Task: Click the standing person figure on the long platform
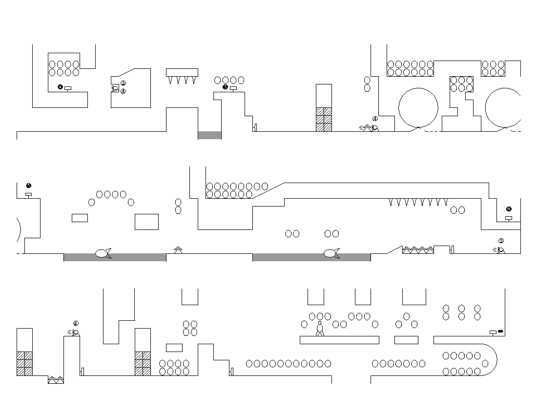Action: coord(320,329)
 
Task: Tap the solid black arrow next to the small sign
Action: coord(501,332)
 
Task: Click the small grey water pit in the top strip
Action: coord(209,135)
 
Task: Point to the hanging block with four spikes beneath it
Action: coord(182,72)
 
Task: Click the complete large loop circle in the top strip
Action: coord(418,108)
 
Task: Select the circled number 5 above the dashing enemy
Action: coord(501,241)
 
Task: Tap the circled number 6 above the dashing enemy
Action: coord(76,323)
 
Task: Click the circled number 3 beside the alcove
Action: coord(123,83)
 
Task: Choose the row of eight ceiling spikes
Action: coord(418,202)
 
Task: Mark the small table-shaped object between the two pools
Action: coord(178,249)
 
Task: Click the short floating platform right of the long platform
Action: coord(406,340)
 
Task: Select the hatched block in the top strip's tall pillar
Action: coord(324,120)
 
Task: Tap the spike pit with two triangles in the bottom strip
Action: coord(56,380)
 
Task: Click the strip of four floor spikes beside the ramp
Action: coord(418,250)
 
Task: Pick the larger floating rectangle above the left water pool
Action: coord(146,222)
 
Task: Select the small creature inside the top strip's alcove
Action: coord(115,88)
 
